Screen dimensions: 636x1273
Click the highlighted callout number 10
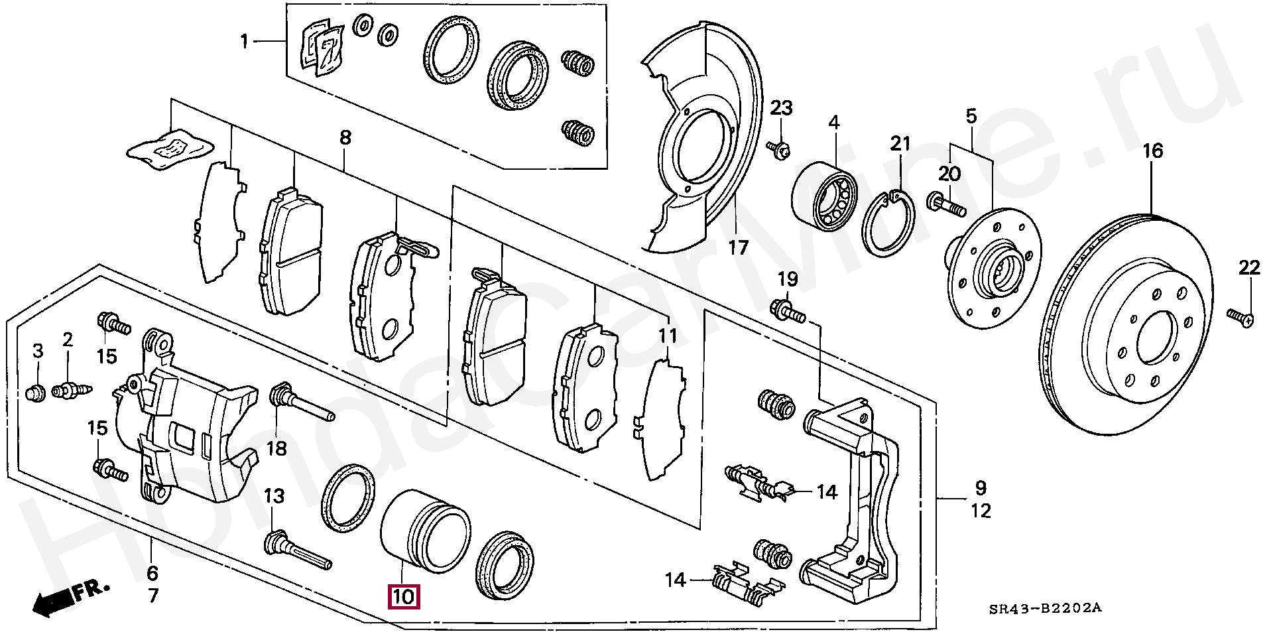coord(403,597)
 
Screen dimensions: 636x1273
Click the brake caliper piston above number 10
coord(424,531)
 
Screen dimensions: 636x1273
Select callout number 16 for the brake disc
coord(1152,151)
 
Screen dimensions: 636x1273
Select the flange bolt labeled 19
coord(787,310)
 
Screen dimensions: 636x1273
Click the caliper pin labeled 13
coord(295,548)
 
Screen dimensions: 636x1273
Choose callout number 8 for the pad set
coord(345,138)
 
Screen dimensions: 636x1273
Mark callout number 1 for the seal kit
coord(244,42)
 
